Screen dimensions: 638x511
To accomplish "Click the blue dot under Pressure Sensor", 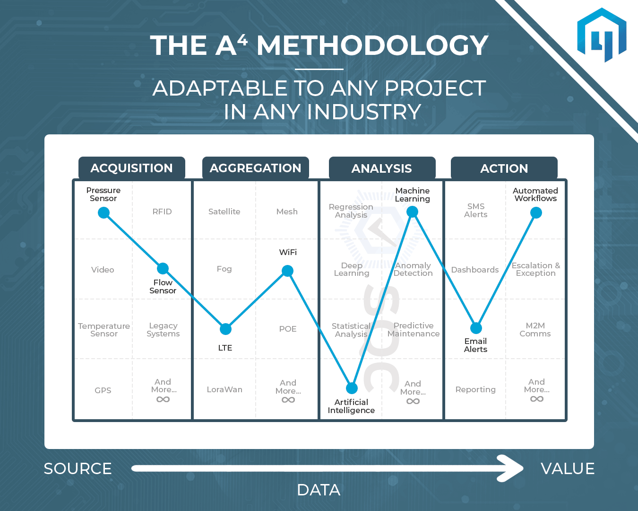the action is [x=104, y=212].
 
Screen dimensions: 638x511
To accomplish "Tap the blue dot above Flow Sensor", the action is [x=163, y=269].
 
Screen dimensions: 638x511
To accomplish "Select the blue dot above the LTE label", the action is [x=225, y=329].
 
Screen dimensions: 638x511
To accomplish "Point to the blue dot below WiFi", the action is [x=288, y=271].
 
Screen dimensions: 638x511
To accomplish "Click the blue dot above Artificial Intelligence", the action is [x=352, y=388].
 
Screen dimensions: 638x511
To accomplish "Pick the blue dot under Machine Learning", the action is [x=413, y=211].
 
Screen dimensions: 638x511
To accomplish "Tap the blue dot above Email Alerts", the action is [x=476, y=328].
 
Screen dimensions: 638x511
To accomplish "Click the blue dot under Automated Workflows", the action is [x=536, y=212].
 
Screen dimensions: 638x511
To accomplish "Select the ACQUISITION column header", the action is [x=132, y=168].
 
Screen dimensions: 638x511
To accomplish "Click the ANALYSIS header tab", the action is [x=382, y=168].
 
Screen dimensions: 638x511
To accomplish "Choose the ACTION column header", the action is [x=504, y=168].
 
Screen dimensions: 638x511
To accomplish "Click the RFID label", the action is [x=162, y=211].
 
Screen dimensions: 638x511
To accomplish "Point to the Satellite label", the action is [x=224, y=211].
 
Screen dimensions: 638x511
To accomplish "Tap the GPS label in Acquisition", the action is [x=103, y=390].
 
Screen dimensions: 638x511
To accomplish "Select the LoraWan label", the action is [x=225, y=389].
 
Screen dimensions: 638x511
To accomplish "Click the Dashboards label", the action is [x=475, y=270].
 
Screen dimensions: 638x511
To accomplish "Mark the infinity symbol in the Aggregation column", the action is [x=288, y=400].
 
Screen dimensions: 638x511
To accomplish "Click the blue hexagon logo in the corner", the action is [x=602, y=35].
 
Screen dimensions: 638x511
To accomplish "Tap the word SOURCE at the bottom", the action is [x=78, y=468].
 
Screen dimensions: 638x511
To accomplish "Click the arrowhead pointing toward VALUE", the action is [x=510, y=468].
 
